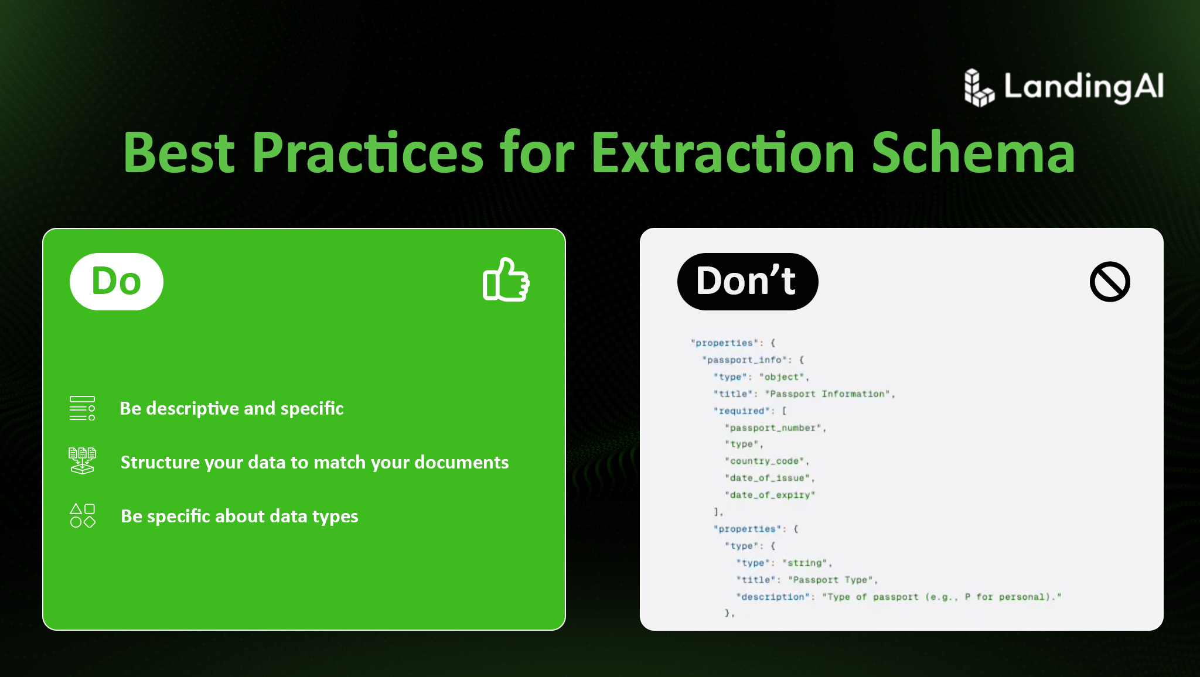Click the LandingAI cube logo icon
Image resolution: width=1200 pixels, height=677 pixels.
coord(979,88)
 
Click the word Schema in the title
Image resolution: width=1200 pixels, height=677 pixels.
coord(973,153)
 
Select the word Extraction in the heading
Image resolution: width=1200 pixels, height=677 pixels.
coord(723,153)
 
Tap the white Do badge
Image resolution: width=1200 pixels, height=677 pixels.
coord(117,282)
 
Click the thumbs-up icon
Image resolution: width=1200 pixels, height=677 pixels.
coord(506,280)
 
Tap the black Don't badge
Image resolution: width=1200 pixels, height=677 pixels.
coord(748,282)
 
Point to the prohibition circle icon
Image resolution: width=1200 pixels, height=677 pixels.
coord(1110,282)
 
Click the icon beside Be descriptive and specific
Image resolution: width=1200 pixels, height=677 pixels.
coord(82,408)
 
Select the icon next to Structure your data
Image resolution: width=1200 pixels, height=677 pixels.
coord(82,461)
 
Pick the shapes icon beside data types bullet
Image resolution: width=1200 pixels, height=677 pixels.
coord(82,516)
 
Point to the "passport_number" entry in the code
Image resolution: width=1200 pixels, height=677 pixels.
coord(773,428)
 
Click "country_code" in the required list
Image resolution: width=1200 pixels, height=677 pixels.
coord(765,461)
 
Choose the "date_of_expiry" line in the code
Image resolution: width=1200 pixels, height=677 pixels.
coord(770,495)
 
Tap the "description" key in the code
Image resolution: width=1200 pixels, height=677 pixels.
coord(773,597)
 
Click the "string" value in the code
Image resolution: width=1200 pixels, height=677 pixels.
coord(804,563)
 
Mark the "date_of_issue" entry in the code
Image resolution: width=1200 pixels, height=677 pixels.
coord(768,478)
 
